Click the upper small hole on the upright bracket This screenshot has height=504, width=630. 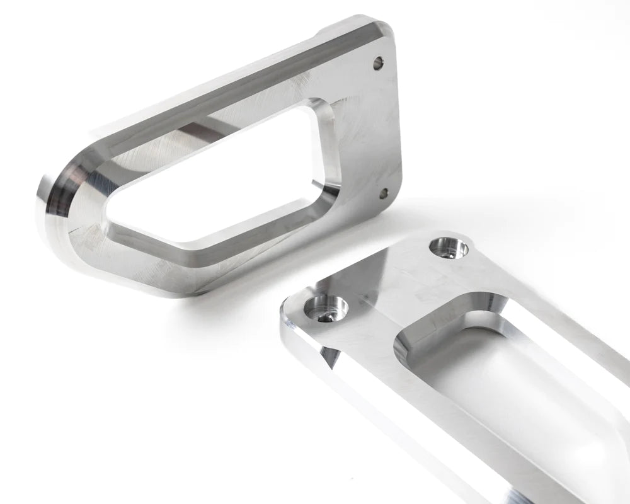click(378, 63)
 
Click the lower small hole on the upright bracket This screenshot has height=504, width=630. click(382, 194)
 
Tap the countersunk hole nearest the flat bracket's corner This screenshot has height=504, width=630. click(326, 307)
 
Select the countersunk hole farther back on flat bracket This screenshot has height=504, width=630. click(449, 247)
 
